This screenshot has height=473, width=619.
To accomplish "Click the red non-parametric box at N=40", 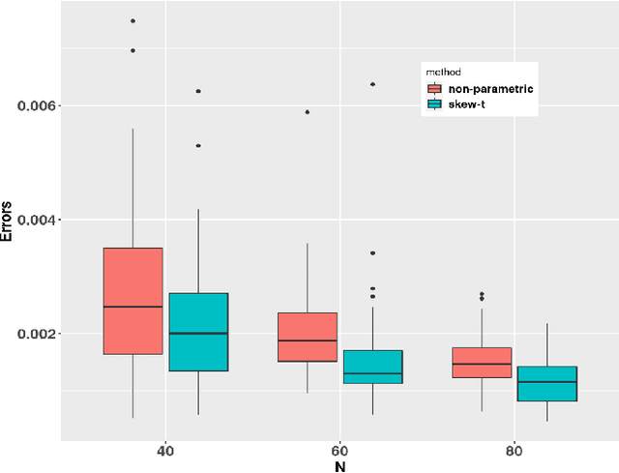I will pyautogui.click(x=133, y=301).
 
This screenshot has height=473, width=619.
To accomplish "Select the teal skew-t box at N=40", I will pyautogui.click(x=198, y=332).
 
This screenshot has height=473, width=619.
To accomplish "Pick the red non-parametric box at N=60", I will pyautogui.click(x=307, y=337).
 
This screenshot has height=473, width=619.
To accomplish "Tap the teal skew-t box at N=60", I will pyautogui.click(x=372, y=367).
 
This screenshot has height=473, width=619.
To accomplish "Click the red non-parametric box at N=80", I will pyautogui.click(x=482, y=362).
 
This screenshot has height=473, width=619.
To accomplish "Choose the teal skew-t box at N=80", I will pyautogui.click(x=546, y=383).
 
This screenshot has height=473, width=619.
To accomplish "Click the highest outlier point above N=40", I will pyautogui.click(x=133, y=20).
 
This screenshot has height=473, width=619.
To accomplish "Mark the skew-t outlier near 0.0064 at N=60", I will pyautogui.click(x=372, y=84).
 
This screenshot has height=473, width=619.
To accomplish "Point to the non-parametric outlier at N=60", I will pyautogui.click(x=307, y=112).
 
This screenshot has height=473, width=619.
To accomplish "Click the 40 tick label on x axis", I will pyautogui.click(x=165, y=450).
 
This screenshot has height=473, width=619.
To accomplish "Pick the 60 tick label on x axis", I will pyautogui.click(x=339, y=450).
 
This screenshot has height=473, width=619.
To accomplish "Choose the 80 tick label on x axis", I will pyautogui.click(x=514, y=450).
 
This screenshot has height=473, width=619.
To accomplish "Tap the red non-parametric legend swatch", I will pyautogui.click(x=433, y=89).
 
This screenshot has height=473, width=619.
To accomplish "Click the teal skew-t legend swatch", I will pyautogui.click(x=433, y=104).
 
